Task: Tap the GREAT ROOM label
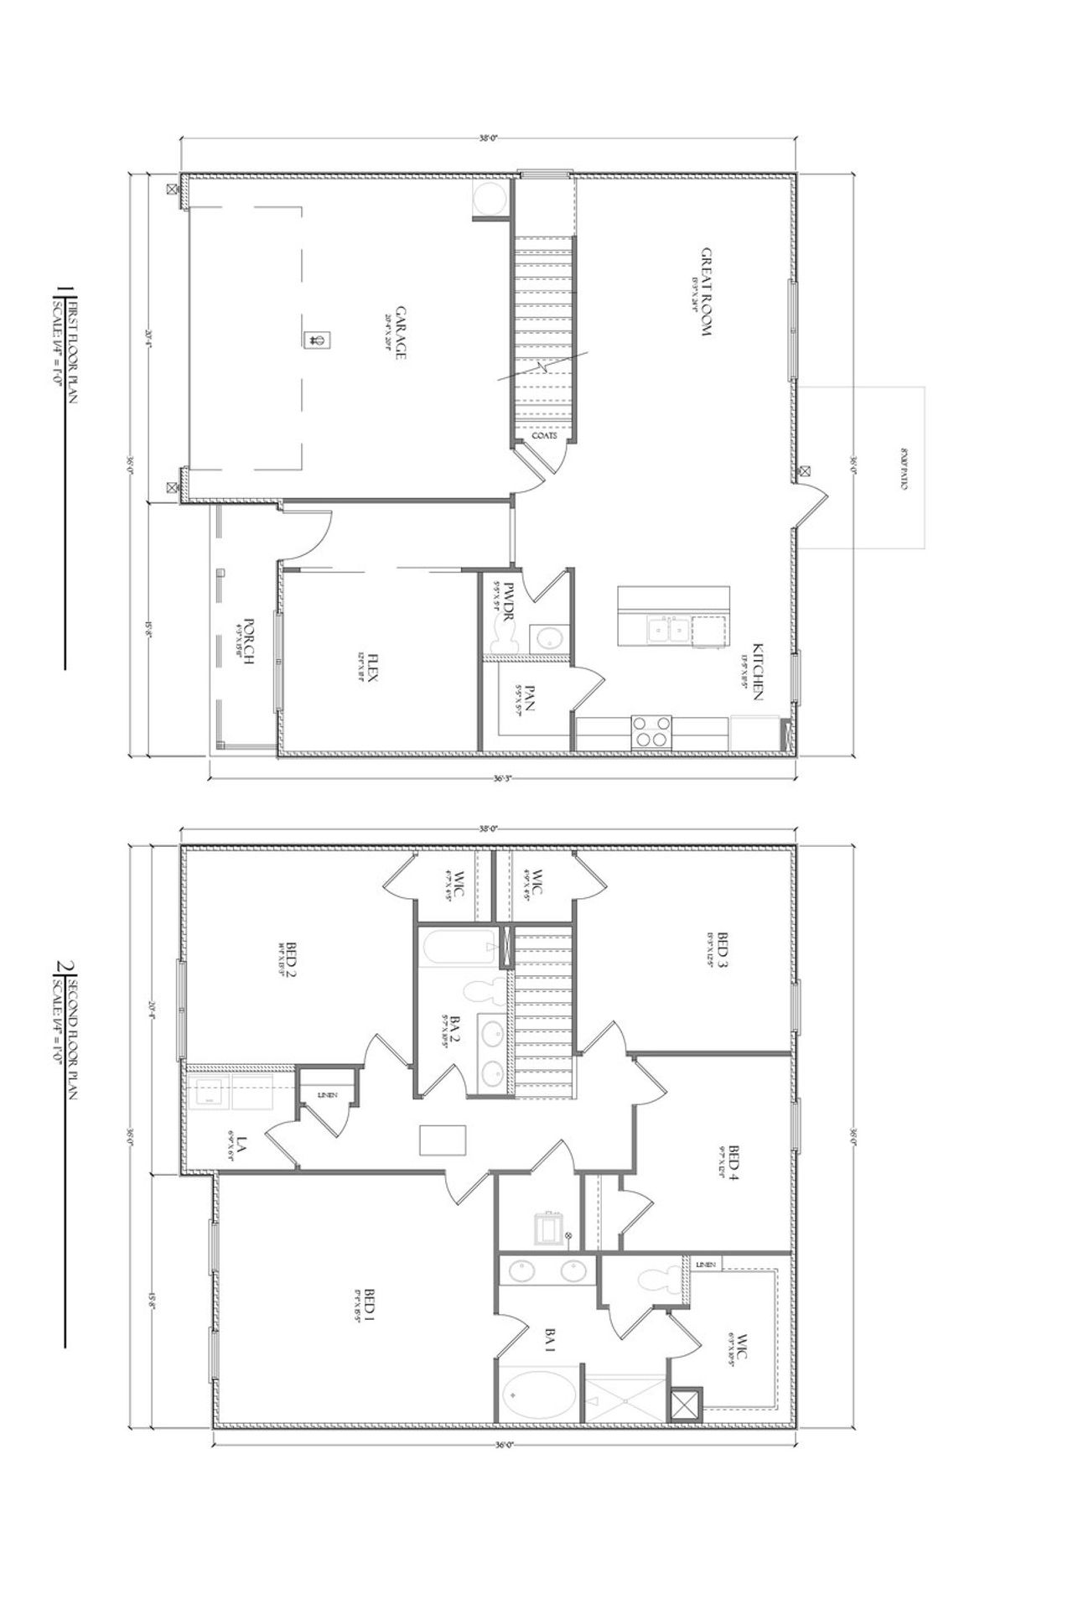(706, 291)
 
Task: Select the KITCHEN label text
(757, 672)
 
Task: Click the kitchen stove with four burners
(651, 730)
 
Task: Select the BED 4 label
(734, 1165)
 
